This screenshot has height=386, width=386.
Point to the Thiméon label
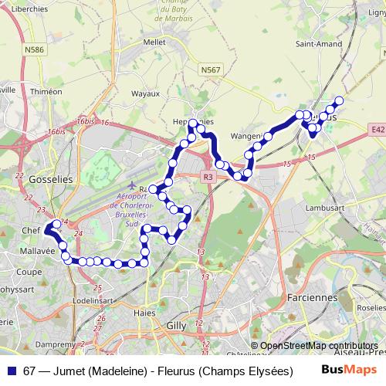coord(46,91)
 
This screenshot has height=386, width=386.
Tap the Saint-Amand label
coord(314,44)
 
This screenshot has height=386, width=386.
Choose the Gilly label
coord(176,326)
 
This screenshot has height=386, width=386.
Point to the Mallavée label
coord(38,251)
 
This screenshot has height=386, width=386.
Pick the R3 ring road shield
coord(208,177)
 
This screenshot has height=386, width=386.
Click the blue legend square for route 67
coord(12,371)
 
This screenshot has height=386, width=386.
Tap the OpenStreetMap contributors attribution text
coord(319,346)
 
